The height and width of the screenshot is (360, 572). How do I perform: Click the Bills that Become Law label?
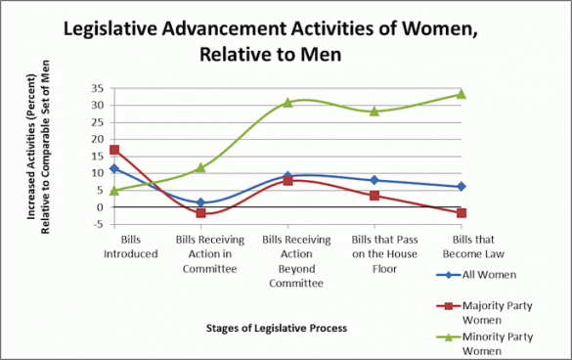point(461,247)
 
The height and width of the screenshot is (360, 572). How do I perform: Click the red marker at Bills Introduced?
point(114,150)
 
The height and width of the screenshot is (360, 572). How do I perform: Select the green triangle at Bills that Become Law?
point(461,94)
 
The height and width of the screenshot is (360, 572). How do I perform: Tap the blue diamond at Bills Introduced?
point(114,168)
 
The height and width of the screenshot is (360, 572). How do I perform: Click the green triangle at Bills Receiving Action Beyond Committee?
point(287,102)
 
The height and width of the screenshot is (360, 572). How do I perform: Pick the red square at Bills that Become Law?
point(461,213)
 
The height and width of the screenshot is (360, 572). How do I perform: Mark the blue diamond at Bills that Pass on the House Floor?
point(374,180)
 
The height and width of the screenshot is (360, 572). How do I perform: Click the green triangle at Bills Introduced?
point(114,190)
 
